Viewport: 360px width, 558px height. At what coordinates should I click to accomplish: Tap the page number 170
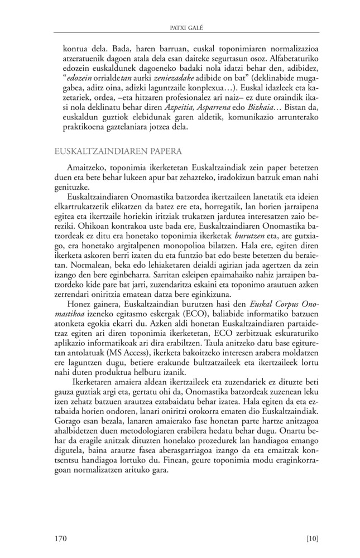(61, 538)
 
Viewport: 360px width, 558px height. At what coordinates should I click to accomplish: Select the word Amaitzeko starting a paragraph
(87, 167)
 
